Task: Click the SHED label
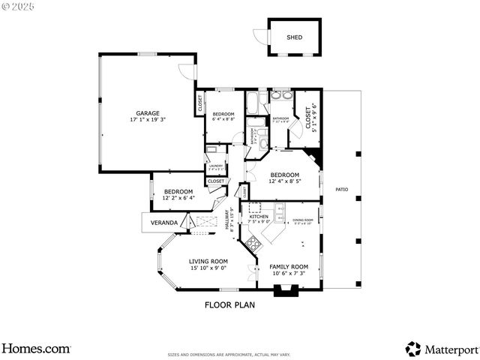[x=294, y=37]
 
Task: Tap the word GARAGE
[x=148, y=113]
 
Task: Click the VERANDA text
[x=164, y=223]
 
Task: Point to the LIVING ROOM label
[x=208, y=261]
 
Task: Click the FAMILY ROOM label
[x=289, y=266]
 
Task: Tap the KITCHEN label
[x=259, y=216]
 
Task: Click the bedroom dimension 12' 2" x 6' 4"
[x=178, y=198]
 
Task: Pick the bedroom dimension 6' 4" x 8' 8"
[x=223, y=119]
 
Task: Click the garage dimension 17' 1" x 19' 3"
[x=148, y=120]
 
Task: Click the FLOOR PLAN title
[x=230, y=305]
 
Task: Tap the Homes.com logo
[x=36, y=349]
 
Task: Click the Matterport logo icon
[x=412, y=349]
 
